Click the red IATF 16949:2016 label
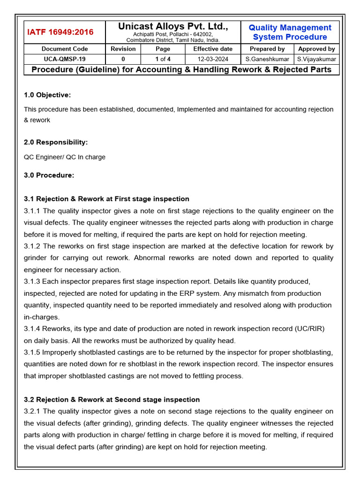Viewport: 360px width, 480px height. [60, 32]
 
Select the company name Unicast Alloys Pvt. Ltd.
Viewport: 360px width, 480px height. [173, 27]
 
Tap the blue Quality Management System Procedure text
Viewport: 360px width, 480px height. [290, 32]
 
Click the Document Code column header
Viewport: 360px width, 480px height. [65, 49]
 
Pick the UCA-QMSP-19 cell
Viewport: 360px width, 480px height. [65, 59]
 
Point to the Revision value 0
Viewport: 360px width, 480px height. [123, 59]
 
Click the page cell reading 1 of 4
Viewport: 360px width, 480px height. [163, 59]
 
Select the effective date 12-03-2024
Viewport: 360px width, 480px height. [213, 59]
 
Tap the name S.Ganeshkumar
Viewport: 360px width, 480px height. [267, 59]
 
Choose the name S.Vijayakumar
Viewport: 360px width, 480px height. [316, 59]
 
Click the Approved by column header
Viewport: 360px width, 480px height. [316, 49]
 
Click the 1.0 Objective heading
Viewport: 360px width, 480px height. [47, 95]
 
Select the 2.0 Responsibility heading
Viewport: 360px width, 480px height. [56, 142]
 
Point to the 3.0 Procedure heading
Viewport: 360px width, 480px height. [49, 175]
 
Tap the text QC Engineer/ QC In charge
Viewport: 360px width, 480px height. [65, 157]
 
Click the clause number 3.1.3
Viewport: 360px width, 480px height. [33, 281]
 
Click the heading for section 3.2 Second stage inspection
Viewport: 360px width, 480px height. [112, 399]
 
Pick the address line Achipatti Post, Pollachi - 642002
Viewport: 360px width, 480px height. [173, 35]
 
